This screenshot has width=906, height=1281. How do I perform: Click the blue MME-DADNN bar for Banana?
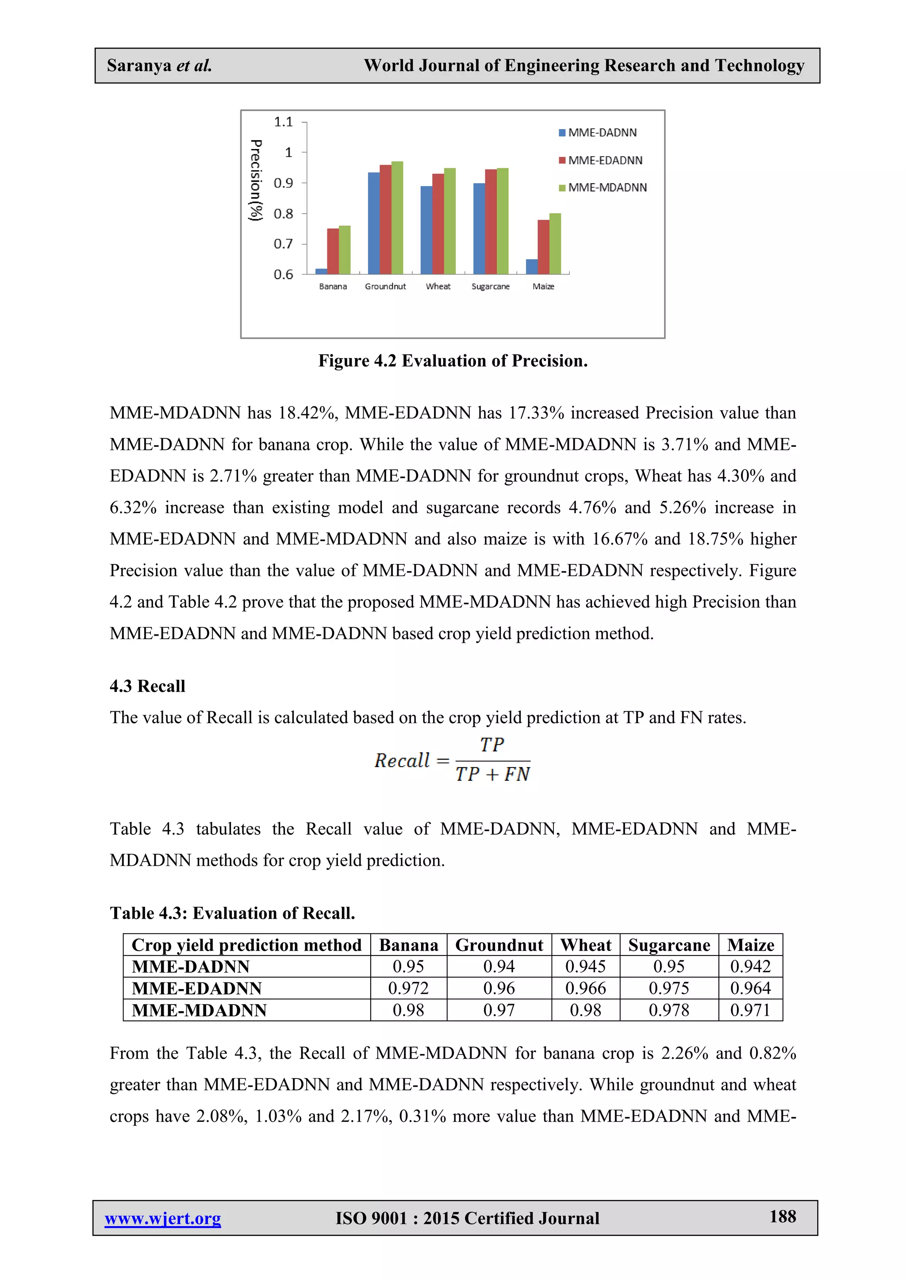[x=321, y=272]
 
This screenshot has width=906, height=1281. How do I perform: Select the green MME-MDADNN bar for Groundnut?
[x=397, y=218]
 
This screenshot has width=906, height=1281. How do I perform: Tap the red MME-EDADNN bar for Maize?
[x=543, y=247]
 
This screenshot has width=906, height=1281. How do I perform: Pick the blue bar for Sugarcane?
[x=479, y=229]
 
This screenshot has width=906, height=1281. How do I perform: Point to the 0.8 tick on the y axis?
[x=284, y=214]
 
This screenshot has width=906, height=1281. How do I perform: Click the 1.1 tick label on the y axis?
[x=284, y=122]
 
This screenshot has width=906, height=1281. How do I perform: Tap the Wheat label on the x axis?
[x=438, y=287]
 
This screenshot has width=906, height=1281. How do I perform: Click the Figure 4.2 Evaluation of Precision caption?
[x=453, y=361]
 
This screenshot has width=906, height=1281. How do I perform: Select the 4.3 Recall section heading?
[x=147, y=686]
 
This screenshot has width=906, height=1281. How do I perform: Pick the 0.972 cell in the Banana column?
[x=408, y=988]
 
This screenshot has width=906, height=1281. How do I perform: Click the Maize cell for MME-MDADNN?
[x=750, y=1010]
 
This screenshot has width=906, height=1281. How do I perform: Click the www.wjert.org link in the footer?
[x=163, y=1218]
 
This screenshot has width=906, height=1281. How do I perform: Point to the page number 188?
[x=783, y=1216]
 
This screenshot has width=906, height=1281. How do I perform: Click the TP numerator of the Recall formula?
[x=491, y=745]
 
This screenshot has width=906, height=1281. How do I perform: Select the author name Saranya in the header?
[x=139, y=66]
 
